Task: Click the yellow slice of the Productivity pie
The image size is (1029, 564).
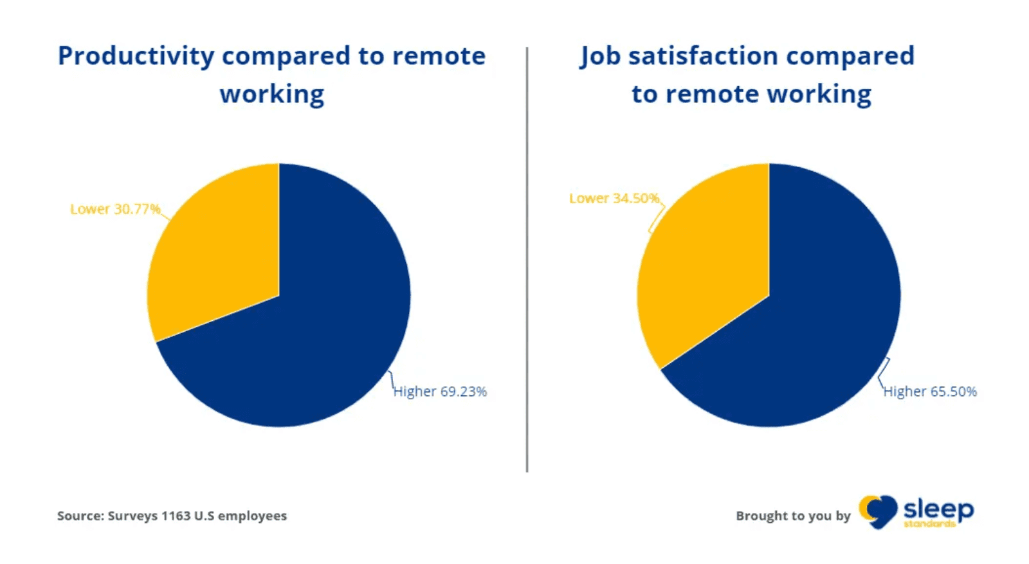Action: (219, 257)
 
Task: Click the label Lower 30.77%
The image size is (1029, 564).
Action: (115, 209)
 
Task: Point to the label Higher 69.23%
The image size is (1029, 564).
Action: (441, 391)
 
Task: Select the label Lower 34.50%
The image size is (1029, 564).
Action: (614, 198)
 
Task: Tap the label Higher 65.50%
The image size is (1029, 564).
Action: (930, 391)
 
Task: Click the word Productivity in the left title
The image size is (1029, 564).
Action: (136, 57)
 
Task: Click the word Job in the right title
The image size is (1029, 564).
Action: (599, 57)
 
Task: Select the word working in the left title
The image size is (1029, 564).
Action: (272, 95)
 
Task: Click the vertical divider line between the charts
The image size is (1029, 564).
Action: (527, 257)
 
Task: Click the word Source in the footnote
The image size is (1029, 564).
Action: (80, 516)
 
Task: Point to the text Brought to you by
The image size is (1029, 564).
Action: (793, 516)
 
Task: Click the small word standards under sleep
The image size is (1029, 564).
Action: (929, 524)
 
